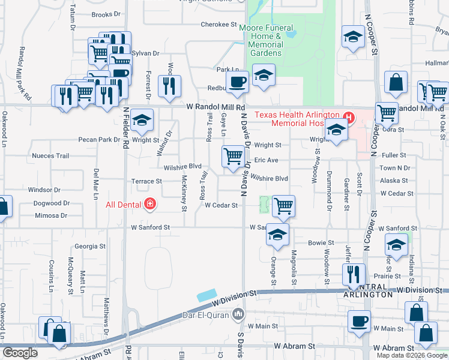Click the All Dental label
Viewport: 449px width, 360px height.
coord(124,205)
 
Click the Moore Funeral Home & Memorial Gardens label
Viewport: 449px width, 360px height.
coord(266,40)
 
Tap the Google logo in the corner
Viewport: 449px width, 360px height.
coord(20,353)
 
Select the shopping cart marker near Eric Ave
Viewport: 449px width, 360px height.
coord(234,157)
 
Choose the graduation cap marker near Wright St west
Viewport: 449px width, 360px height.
coord(142,120)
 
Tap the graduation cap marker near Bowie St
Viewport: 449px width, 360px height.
coord(277,234)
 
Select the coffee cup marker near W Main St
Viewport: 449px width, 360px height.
coord(360,321)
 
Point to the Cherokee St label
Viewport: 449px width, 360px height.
coord(218,25)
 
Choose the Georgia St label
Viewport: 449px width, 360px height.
coord(90,246)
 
